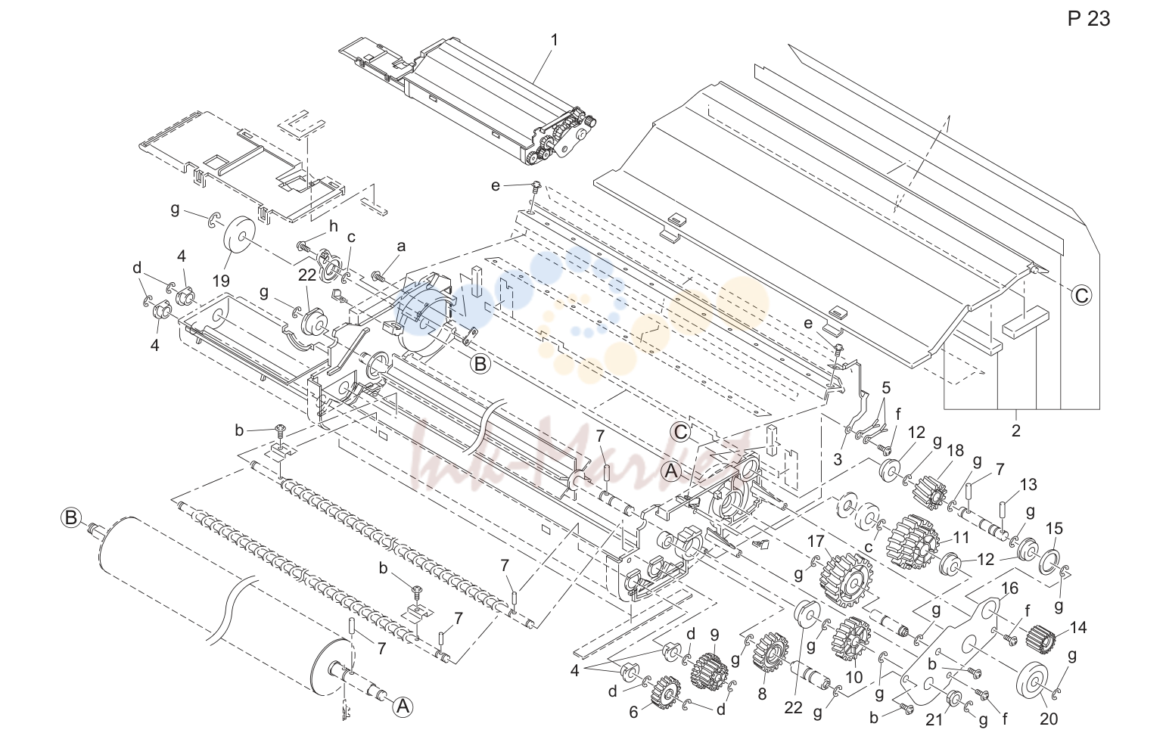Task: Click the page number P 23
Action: point(1088,19)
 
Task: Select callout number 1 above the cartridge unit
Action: point(555,40)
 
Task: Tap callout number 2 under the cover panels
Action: point(1015,430)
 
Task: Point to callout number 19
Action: point(221,281)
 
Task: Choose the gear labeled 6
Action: point(666,692)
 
